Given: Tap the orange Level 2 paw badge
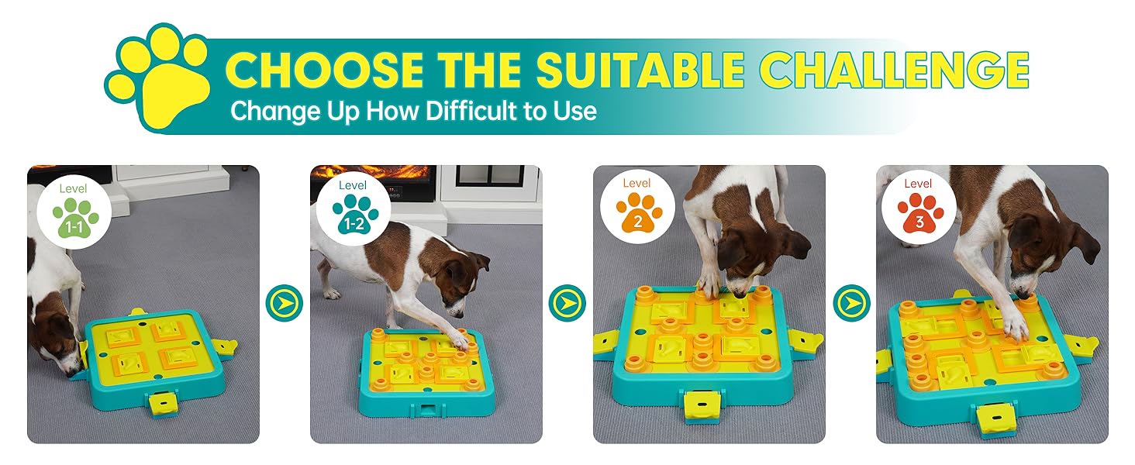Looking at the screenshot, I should pyautogui.click(x=639, y=210).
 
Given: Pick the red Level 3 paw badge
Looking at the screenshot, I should pyautogui.click(x=919, y=210).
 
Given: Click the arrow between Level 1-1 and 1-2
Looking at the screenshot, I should pyautogui.click(x=284, y=303).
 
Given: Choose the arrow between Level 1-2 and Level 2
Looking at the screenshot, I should pyautogui.click(x=567, y=303).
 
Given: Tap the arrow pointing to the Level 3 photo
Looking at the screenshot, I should pyautogui.click(x=851, y=303).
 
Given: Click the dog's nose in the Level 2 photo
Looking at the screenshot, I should pyautogui.click(x=740, y=294).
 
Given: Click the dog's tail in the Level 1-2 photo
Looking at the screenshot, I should pyautogui.click(x=316, y=232).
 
